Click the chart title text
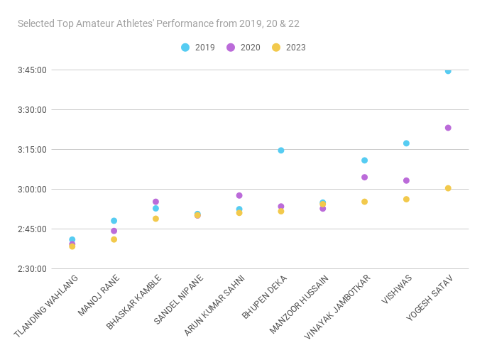pos(158,23)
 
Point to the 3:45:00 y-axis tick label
pos(32,70)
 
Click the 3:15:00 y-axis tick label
pos(32,150)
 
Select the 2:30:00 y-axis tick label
pos(32,269)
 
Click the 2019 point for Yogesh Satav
pos(448,71)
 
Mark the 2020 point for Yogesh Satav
pos(448,128)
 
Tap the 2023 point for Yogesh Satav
pos(448,188)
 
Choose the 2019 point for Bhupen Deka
pos(281,151)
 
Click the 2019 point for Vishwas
pos(406,143)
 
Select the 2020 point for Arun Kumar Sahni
pos(239,195)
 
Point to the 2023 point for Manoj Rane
pos(114,239)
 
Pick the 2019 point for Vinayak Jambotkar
pos(364,160)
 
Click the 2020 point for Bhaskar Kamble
pos(155,202)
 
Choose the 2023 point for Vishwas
pos(406,200)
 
